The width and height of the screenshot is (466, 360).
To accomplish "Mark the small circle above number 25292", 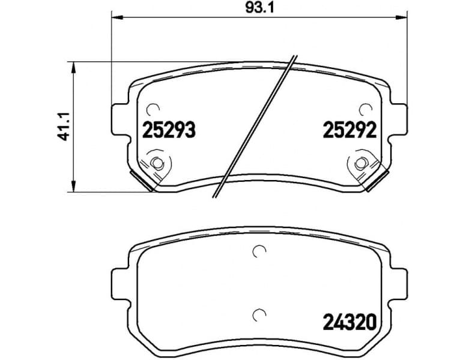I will pyautogui.click(x=365, y=109).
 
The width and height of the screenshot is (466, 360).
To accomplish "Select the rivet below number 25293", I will pyautogui.click(x=157, y=163).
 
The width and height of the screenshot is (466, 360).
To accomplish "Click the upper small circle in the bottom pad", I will pyautogui.click(x=259, y=252).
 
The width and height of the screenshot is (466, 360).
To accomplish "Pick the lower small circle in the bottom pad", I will pyautogui.click(x=259, y=313).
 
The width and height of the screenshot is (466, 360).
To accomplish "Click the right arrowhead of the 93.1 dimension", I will pyautogui.click(x=403, y=18).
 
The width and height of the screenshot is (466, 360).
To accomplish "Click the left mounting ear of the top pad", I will pyautogui.click(x=120, y=118).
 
